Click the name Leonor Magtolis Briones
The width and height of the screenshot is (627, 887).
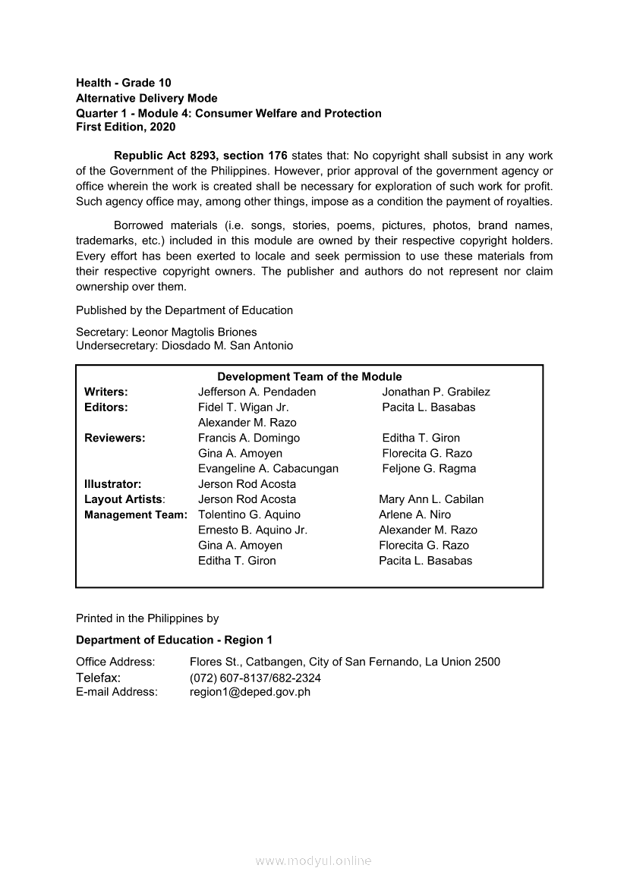[x=194, y=332]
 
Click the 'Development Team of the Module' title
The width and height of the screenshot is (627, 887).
[x=310, y=376]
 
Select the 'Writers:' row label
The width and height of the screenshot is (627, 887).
[x=106, y=392]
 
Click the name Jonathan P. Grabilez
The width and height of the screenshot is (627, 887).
[x=436, y=392]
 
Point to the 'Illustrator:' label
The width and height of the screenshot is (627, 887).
[x=113, y=483]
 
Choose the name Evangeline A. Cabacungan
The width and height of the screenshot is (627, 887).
[x=268, y=468]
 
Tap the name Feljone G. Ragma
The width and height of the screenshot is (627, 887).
[x=429, y=468]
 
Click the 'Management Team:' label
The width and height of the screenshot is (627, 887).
[x=136, y=514]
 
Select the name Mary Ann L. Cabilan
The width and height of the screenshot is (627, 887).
[x=431, y=499]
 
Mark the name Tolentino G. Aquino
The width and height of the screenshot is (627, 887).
[x=249, y=514]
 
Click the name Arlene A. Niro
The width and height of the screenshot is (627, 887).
[x=414, y=514]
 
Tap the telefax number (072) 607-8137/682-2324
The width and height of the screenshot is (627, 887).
[x=255, y=678]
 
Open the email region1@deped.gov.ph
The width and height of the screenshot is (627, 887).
[x=250, y=691]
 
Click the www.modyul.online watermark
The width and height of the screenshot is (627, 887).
[x=313, y=860]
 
